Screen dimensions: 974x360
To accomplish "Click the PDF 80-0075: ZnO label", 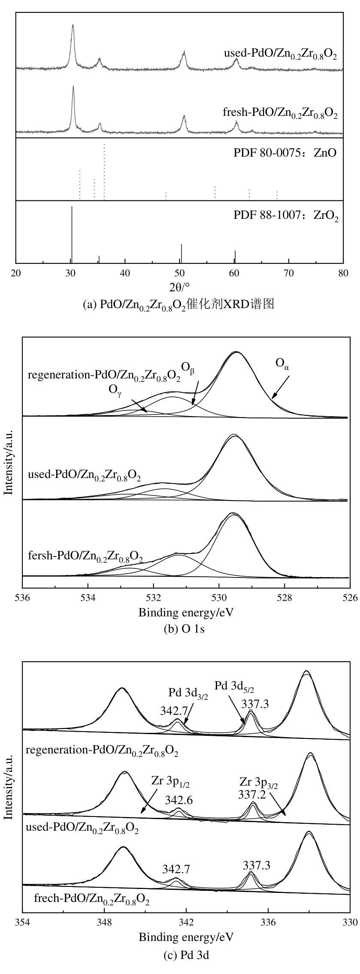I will [284, 153].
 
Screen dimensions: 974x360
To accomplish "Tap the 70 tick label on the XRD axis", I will [289, 273].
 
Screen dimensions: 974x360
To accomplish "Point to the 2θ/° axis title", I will [179, 285].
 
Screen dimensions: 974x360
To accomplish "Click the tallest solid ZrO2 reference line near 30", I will [72, 234].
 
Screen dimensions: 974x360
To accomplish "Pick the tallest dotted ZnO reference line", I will [104, 172].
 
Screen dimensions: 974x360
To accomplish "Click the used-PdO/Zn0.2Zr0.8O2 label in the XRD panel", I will [280, 54].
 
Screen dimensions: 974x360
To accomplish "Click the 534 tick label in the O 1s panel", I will [88, 599].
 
